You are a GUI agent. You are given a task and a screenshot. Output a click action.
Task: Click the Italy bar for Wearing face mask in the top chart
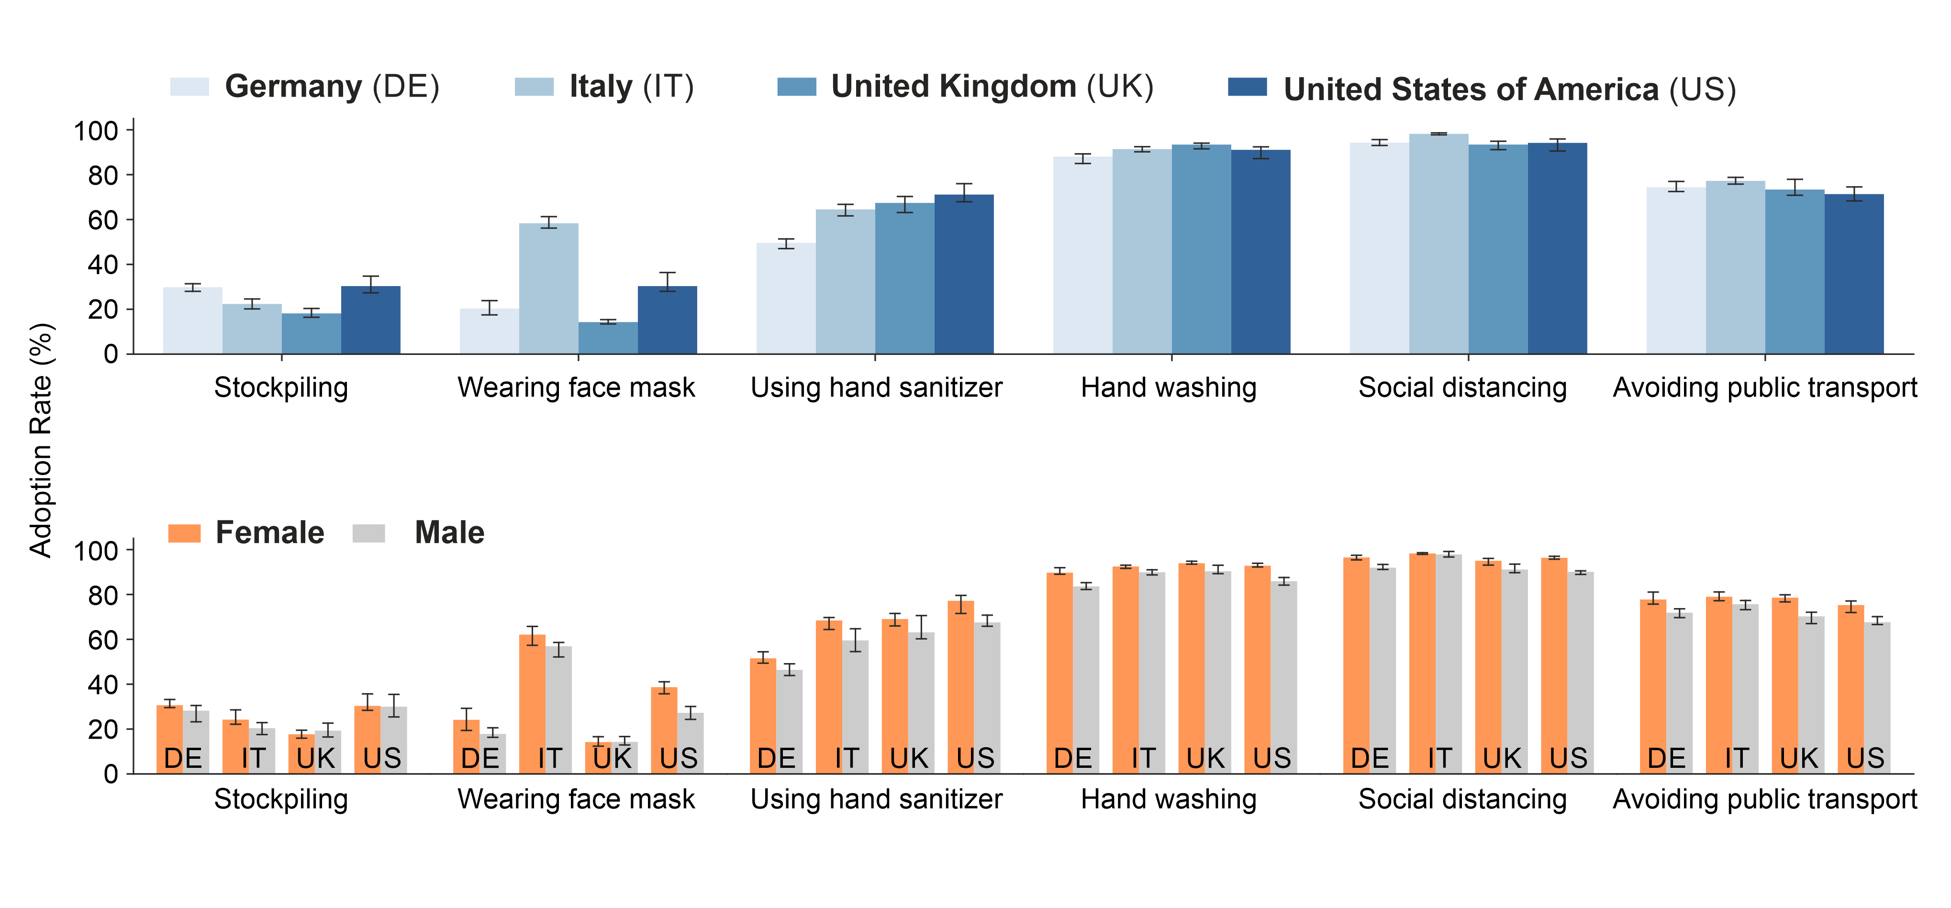pos(548,288)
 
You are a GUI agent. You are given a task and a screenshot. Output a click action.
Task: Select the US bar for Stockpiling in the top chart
pos(370,320)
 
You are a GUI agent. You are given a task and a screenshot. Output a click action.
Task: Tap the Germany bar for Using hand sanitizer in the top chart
pos(785,299)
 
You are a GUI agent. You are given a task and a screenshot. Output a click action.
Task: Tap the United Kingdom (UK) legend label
pos(992,86)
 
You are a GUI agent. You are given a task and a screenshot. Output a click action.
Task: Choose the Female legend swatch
pos(184,533)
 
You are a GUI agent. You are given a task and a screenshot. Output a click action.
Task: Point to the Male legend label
pos(449,533)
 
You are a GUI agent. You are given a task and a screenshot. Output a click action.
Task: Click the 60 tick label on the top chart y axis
pos(103,221)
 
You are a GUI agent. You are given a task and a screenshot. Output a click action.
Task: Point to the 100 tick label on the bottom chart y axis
pos(95,551)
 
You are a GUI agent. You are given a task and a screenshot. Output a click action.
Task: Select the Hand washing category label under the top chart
pos(1168,388)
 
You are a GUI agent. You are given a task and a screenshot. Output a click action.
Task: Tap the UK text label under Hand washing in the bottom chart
pos(1205,758)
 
